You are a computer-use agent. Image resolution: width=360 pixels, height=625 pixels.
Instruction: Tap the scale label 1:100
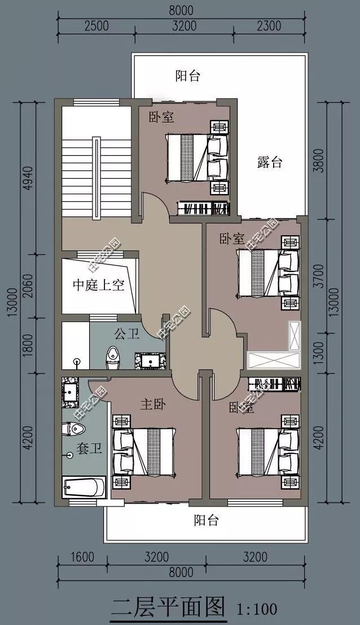(x=257, y=609)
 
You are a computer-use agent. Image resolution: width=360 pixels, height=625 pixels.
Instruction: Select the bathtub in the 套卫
(x=84, y=486)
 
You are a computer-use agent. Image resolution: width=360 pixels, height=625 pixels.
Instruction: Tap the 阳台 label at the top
(x=187, y=76)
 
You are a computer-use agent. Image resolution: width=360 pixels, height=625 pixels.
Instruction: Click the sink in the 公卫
(x=150, y=360)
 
